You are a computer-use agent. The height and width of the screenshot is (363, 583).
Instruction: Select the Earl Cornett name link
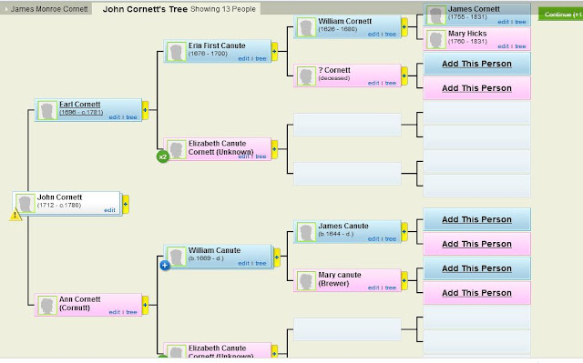[x=79, y=105]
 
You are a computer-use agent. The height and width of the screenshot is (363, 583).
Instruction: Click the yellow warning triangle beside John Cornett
[x=15, y=216]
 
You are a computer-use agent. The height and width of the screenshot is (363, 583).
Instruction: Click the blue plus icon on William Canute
[x=166, y=265]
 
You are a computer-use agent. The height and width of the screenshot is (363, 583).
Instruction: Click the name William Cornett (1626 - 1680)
[x=346, y=21]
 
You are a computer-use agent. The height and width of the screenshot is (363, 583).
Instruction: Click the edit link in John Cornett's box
[x=109, y=210]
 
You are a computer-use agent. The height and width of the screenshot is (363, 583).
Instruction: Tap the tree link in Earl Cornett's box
[x=131, y=116]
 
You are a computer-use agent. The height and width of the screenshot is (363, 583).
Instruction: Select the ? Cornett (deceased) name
[x=336, y=70]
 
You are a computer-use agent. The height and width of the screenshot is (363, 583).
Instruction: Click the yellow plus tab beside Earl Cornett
[x=145, y=110]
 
